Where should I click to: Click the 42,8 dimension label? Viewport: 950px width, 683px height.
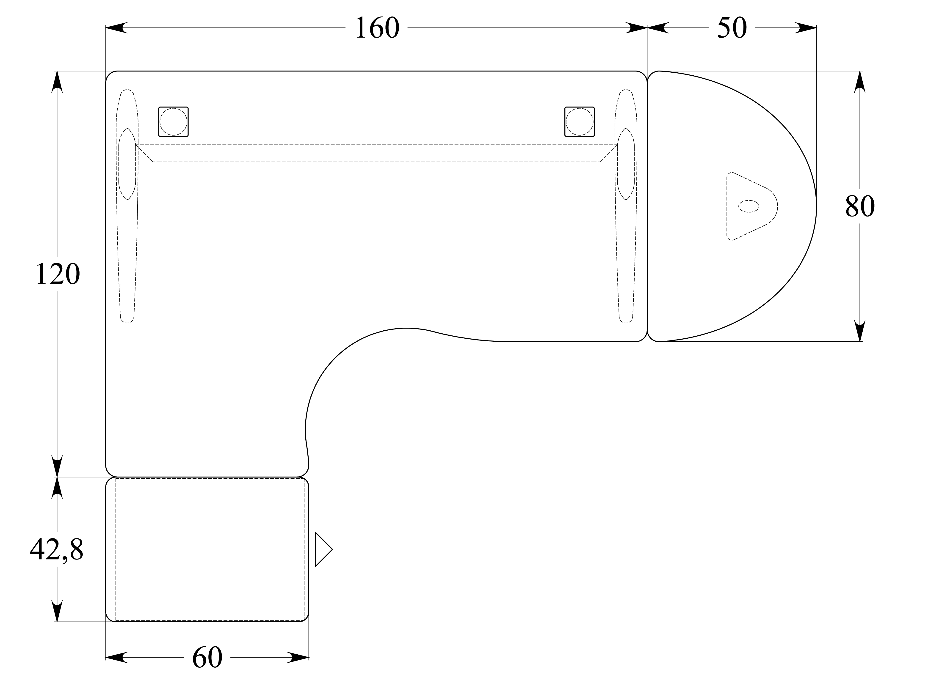pyautogui.click(x=57, y=550)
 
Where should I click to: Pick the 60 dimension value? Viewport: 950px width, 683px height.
pyautogui.click(x=207, y=658)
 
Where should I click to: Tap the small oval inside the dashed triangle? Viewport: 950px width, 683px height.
pyautogui.click(x=748, y=206)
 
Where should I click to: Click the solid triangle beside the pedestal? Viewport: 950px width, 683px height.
pyautogui.click(x=323, y=549)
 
